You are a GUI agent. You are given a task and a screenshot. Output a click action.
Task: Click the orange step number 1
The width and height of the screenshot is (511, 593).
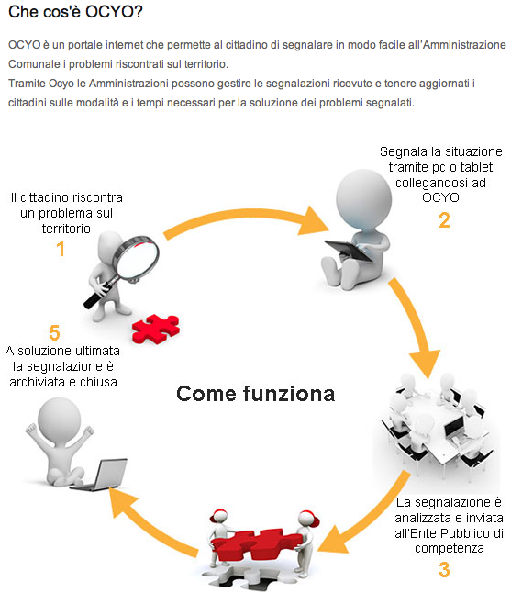click(x=61, y=249)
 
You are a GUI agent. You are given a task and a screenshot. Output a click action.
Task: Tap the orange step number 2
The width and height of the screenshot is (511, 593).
click(x=444, y=220)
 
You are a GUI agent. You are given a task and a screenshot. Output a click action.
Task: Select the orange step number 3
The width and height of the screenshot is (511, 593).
click(x=444, y=569)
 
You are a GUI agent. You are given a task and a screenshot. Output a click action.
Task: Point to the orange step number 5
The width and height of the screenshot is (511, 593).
click(x=54, y=333)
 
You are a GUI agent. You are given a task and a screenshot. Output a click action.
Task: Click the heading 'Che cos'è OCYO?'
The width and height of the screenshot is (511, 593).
click(x=75, y=12)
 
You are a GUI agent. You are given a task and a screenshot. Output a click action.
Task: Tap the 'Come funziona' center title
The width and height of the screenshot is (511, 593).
click(x=255, y=394)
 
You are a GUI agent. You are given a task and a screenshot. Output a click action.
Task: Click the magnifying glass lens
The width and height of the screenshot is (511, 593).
click(x=138, y=258)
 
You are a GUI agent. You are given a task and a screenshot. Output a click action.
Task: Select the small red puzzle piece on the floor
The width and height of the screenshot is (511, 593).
click(x=156, y=329)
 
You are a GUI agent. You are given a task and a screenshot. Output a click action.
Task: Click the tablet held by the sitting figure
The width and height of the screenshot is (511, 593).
click(x=348, y=250)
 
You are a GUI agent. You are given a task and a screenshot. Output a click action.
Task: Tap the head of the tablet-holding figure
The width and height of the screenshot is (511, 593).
click(x=363, y=199)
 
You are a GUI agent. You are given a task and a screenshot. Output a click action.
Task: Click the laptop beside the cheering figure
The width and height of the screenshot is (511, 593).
click(x=101, y=475)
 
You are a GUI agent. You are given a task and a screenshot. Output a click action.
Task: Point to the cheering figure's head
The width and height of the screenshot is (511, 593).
click(x=60, y=419)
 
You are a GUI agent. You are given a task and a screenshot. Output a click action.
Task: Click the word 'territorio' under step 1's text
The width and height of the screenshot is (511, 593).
click(x=66, y=229)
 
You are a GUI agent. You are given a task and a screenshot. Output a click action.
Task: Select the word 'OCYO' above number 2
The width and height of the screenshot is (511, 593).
click(x=440, y=197)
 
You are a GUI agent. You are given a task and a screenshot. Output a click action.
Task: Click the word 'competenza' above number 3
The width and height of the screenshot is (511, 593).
click(x=450, y=548)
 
